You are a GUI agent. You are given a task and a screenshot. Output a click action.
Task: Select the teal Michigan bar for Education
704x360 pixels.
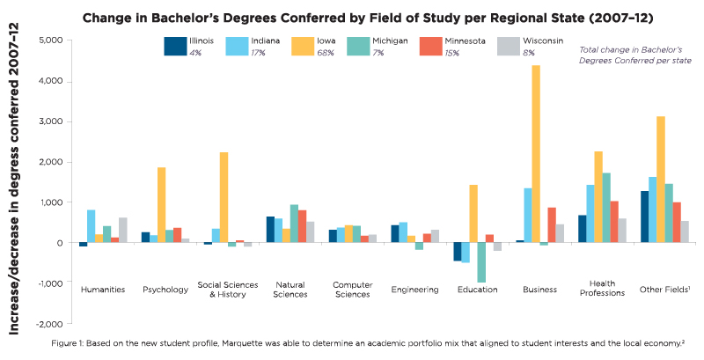click(481, 262)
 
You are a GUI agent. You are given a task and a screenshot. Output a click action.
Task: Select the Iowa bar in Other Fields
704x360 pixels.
click(635, 180)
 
